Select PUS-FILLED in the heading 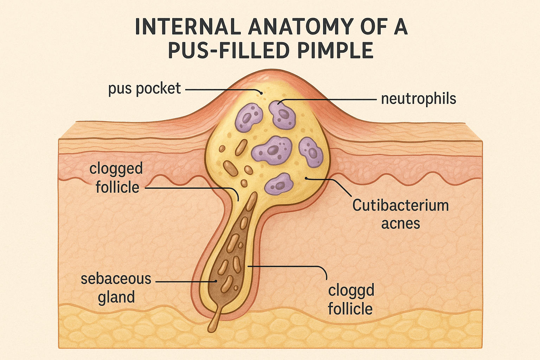point(227,50)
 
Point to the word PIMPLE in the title point(335,50)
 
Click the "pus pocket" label point(144,89)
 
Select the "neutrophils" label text point(418,99)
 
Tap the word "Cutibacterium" point(400,205)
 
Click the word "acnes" point(400,224)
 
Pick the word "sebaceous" point(116,279)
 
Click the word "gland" point(116,297)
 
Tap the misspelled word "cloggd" point(351,291)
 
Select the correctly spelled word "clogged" point(116,169)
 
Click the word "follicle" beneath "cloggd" point(350,309)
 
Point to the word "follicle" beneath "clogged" point(117,187)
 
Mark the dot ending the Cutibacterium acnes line point(307,178)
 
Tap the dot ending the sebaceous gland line point(216,281)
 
